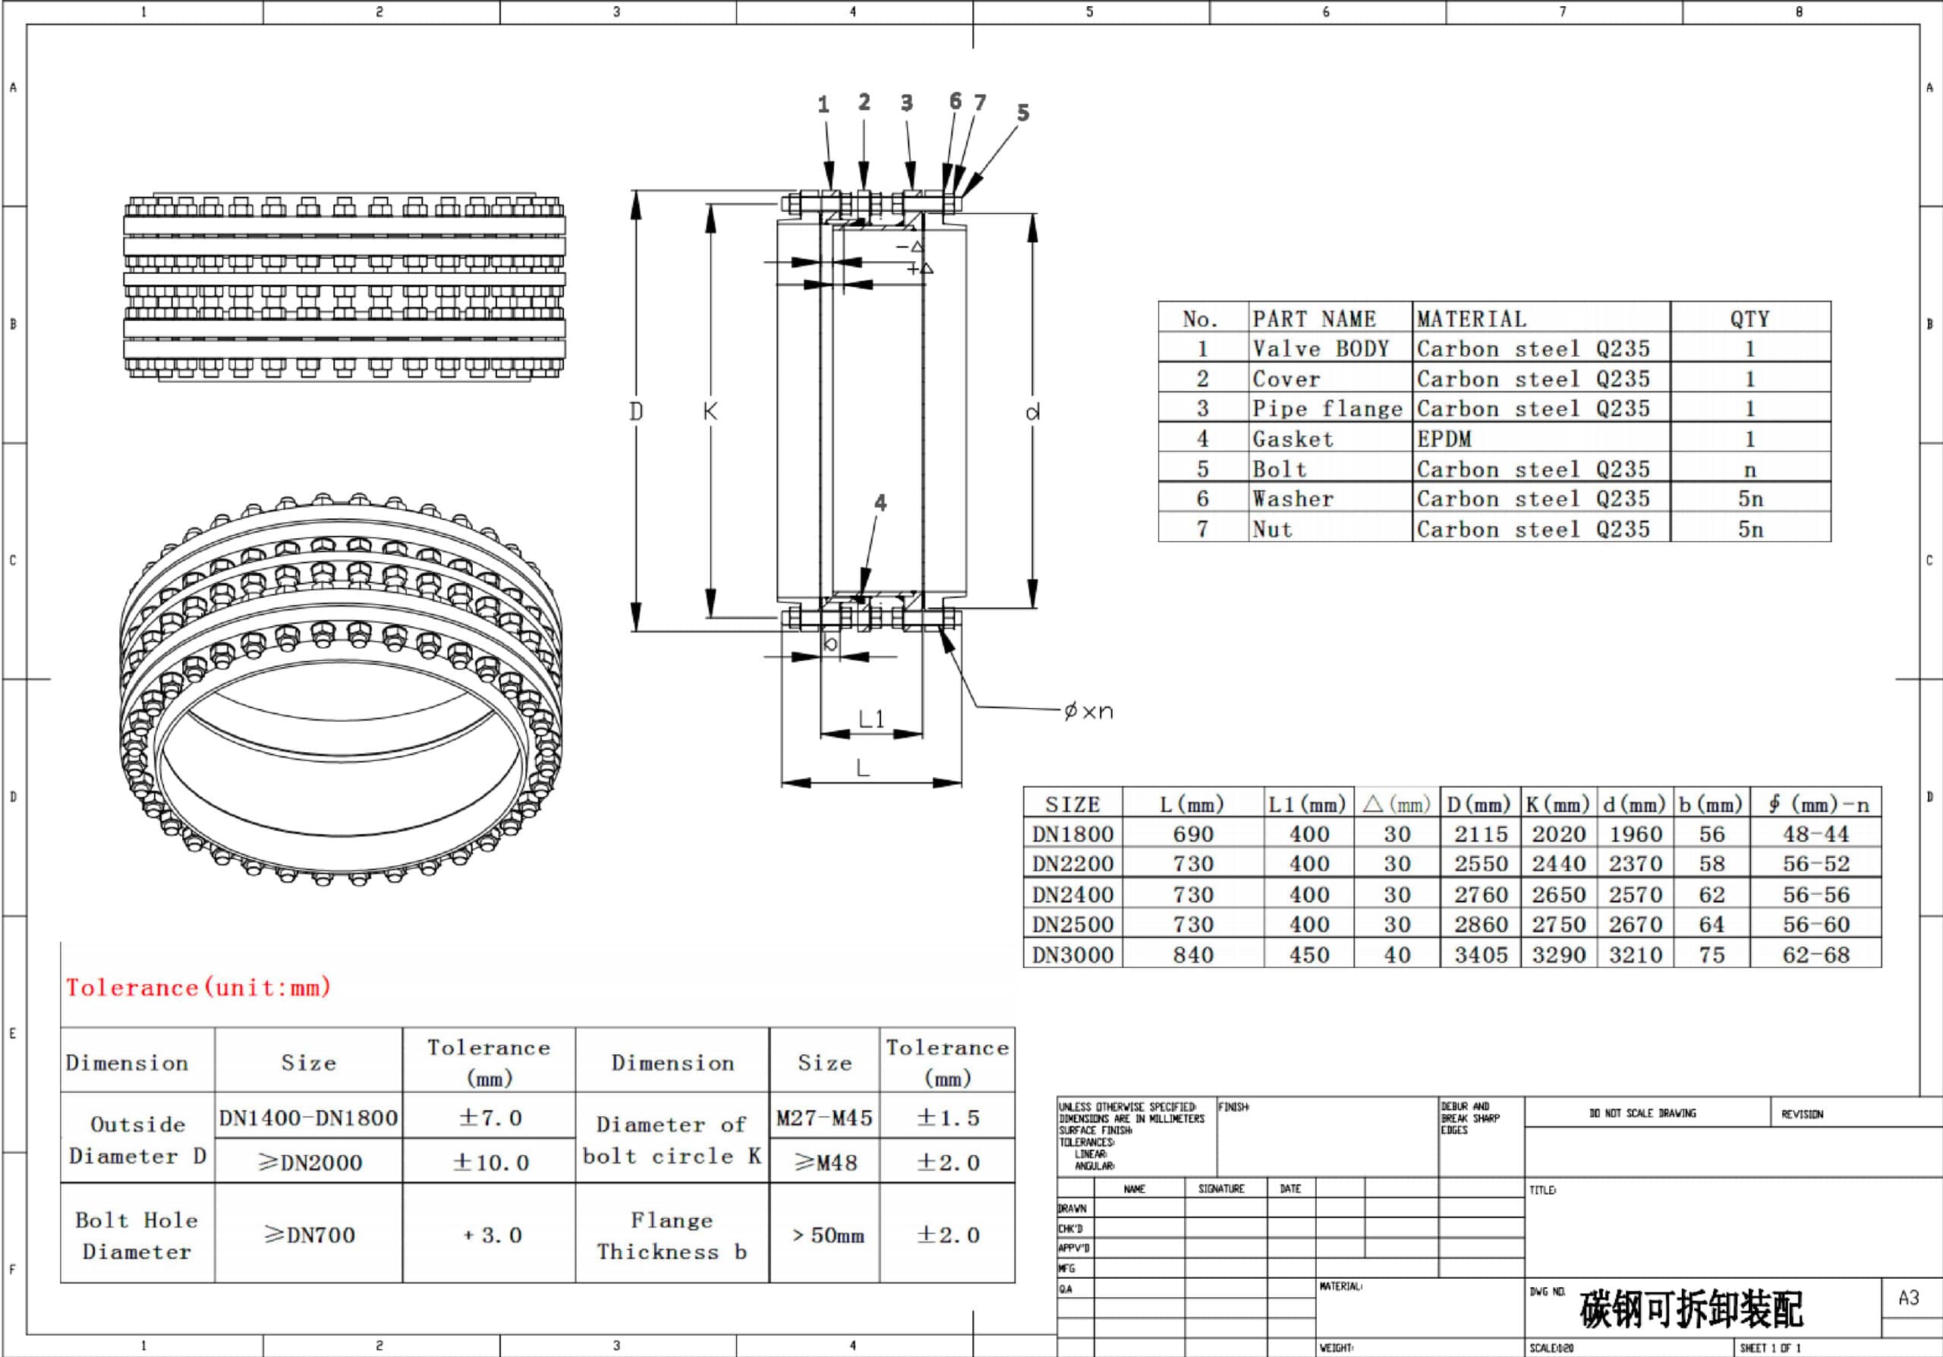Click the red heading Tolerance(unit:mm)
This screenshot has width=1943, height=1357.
[x=198, y=987]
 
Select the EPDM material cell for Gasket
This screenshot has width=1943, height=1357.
[x=1444, y=439]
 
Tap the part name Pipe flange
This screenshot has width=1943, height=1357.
[x=1326, y=408]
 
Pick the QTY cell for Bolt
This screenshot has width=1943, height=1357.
[x=1749, y=470]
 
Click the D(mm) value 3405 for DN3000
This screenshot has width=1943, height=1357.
[x=1480, y=956]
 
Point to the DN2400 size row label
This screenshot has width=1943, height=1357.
[x=1072, y=894]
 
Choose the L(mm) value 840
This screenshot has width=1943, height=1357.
[x=1192, y=956]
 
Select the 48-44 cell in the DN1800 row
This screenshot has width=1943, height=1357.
[x=1815, y=834]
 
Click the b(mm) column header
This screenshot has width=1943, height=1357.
[x=1710, y=804]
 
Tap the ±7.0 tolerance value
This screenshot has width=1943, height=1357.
[x=489, y=1118]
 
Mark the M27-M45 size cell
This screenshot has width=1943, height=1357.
[x=824, y=1118]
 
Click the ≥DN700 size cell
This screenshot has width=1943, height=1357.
[x=309, y=1235]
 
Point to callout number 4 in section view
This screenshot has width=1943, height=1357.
[x=880, y=503]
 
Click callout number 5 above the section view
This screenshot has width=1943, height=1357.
[x=1023, y=112]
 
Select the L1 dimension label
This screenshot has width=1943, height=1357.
[x=871, y=719]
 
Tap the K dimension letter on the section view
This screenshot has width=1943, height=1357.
[x=710, y=412]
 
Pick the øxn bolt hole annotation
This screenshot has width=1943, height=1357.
[x=1088, y=711]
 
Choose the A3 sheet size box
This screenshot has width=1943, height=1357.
[x=1908, y=1298]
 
